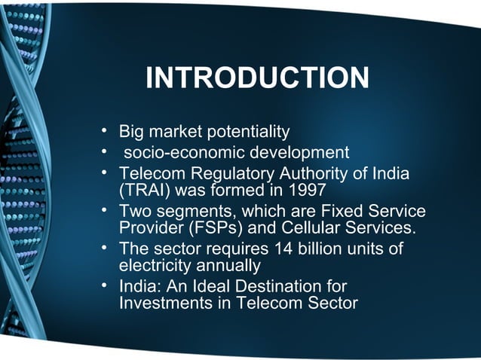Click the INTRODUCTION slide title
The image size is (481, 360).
click(257, 78)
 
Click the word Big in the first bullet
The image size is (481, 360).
click(132, 133)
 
